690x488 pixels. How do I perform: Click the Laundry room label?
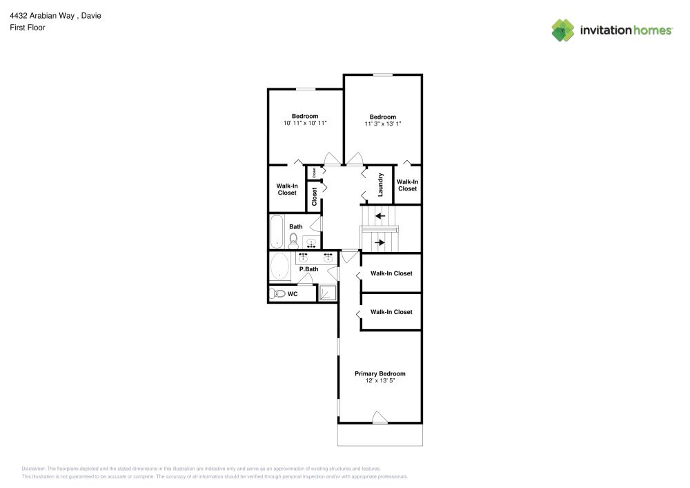[x=381, y=185]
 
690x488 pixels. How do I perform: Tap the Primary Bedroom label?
[x=380, y=373]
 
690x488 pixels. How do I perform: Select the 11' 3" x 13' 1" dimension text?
[x=383, y=124]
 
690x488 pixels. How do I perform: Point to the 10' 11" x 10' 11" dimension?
[x=305, y=124]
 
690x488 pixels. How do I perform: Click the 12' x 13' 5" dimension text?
[x=380, y=380]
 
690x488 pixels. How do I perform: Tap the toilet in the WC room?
[x=277, y=293]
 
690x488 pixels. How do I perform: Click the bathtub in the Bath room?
[x=277, y=231]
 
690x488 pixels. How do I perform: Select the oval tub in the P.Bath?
[x=280, y=266]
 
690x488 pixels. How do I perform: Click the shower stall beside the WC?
[x=327, y=293]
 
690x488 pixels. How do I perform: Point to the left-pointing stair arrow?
[x=380, y=216]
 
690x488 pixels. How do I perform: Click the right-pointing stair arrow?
[x=379, y=242]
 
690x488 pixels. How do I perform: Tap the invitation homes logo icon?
[x=563, y=30]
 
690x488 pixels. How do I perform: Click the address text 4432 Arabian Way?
[x=42, y=16]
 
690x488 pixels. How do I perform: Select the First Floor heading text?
[x=28, y=28]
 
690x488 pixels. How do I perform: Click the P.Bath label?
[x=309, y=269]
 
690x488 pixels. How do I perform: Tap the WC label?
[x=293, y=294]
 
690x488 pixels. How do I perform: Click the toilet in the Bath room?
[x=293, y=241]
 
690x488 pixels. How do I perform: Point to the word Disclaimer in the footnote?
[x=33, y=469]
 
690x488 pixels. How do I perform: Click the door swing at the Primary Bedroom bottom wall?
[x=379, y=417]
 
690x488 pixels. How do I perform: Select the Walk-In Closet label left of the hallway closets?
[x=287, y=189]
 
